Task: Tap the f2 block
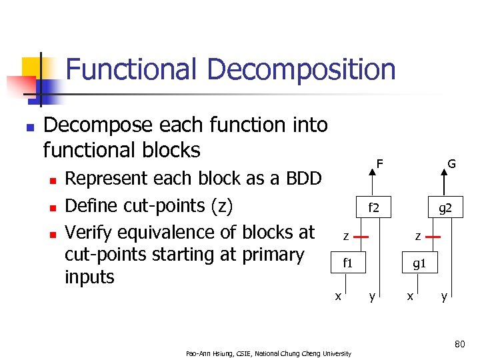click(x=375, y=209)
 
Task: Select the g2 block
click(x=445, y=209)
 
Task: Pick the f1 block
click(x=347, y=263)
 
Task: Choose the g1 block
click(x=419, y=263)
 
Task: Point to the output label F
click(x=379, y=163)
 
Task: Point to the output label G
click(x=451, y=163)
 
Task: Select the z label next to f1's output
click(x=345, y=236)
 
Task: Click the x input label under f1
click(x=338, y=296)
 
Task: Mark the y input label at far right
click(x=443, y=296)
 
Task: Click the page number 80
click(x=459, y=344)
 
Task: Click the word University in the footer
click(x=335, y=353)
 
